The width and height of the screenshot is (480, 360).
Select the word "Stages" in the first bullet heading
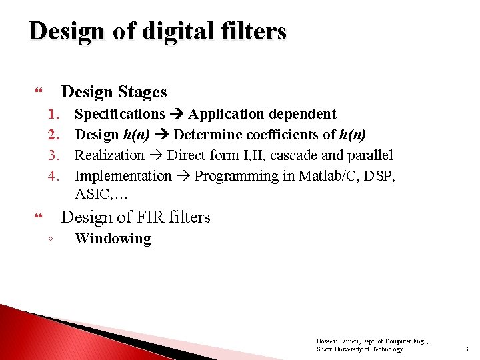[139, 92]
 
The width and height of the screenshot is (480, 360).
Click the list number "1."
[55, 114]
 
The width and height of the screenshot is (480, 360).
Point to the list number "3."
[55, 155]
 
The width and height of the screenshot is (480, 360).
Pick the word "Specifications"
[119, 114]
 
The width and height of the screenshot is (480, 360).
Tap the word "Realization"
[109, 155]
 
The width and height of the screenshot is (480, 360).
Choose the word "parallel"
[367, 155]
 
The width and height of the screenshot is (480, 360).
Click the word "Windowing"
[113, 239]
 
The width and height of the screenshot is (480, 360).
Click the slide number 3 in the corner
[466, 349]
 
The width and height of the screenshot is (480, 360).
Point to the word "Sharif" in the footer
[324, 349]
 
